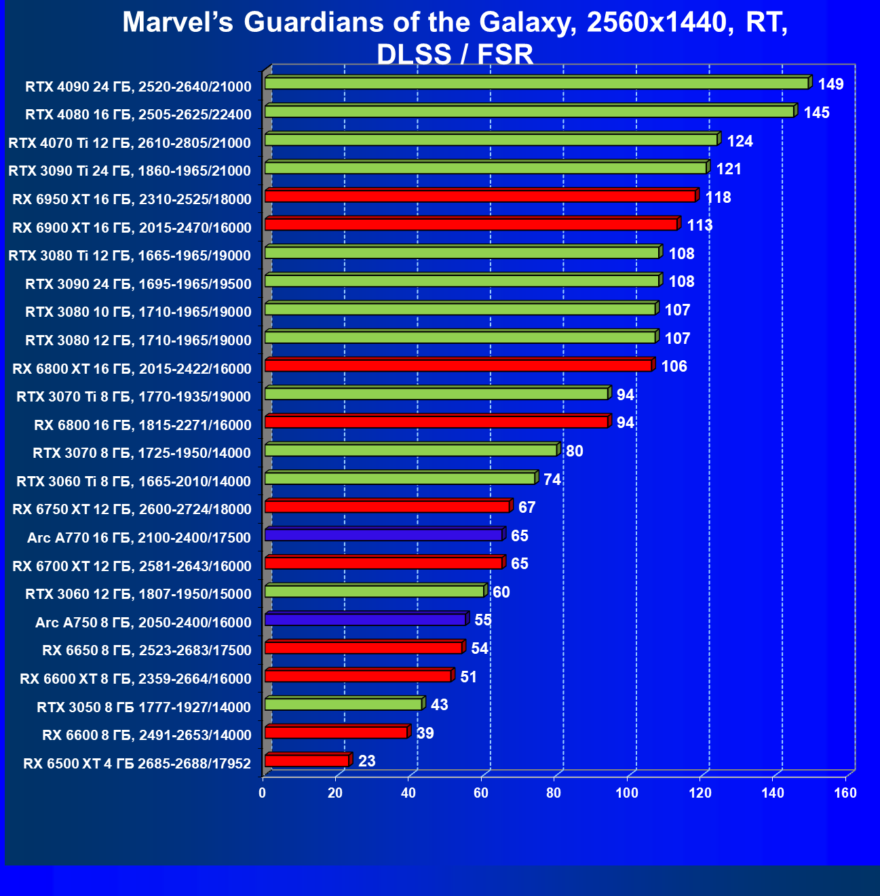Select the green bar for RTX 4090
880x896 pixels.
(536, 83)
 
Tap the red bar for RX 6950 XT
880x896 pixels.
(480, 196)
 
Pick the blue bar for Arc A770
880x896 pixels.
(383, 534)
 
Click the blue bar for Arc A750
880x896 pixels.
(365, 619)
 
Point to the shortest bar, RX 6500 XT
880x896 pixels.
(307, 760)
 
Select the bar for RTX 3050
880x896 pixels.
(343, 704)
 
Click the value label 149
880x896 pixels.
(830, 84)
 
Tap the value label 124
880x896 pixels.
(740, 141)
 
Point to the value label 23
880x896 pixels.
(366, 761)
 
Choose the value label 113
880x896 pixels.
(700, 225)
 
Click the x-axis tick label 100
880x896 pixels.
(627, 794)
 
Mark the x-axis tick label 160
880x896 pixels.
(845, 794)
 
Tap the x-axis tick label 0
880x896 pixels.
(263, 794)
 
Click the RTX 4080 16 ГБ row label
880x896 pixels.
(138, 114)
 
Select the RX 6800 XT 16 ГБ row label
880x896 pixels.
(132, 368)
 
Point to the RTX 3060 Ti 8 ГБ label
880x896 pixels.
(134, 481)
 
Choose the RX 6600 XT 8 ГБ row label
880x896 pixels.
(136, 678)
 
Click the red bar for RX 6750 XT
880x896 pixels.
(387, 506)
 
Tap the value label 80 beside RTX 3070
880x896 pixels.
(574, 451)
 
